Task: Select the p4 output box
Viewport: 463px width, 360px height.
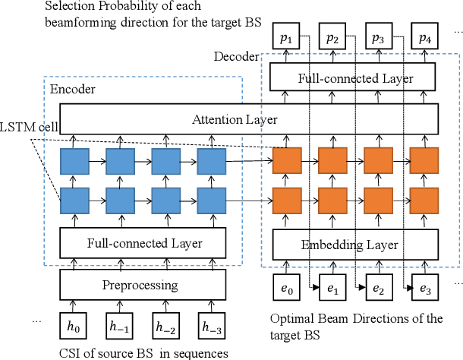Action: pos(424,36)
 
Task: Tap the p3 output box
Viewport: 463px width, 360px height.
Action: pos(379,36)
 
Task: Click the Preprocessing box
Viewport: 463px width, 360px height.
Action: pos(143,286)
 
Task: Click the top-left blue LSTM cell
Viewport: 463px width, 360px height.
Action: pos(74,161)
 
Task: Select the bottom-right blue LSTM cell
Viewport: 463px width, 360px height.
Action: pos(212,201)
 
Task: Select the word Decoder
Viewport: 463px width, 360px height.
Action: pos(236,57)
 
